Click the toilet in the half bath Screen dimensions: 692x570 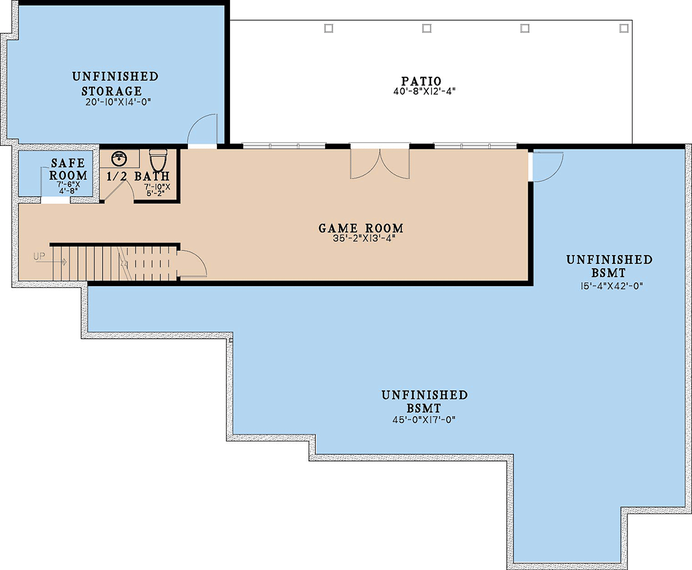tap(158, 160)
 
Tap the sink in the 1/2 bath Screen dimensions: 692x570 tap(119, 159)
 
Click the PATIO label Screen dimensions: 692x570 tap(422, 81)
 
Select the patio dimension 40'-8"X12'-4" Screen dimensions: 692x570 tap(424, 91)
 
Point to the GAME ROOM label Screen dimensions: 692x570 tap(361, 228)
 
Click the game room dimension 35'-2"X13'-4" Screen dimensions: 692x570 tap(363, 238)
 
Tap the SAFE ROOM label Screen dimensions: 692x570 tap(68, 169)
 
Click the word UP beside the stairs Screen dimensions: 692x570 tap(39, 256)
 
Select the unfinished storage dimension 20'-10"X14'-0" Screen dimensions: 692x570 tap(118, 102)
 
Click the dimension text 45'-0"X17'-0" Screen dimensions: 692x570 tap(424, 419)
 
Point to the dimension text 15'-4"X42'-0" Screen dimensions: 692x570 tap(611, 286)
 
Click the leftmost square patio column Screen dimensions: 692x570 tap(329, 28)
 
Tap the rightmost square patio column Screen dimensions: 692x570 tap(624, 28)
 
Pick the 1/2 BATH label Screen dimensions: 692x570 tap(138, 177)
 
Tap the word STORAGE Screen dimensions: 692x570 tap(111, 91)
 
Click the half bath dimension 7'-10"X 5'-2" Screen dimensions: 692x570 tap(157, 190)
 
